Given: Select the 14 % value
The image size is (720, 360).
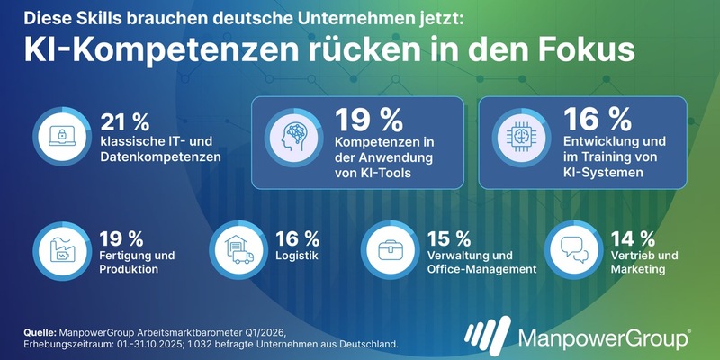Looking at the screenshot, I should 634,238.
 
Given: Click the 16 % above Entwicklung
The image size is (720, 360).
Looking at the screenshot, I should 587,120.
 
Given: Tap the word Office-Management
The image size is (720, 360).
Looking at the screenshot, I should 482,268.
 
